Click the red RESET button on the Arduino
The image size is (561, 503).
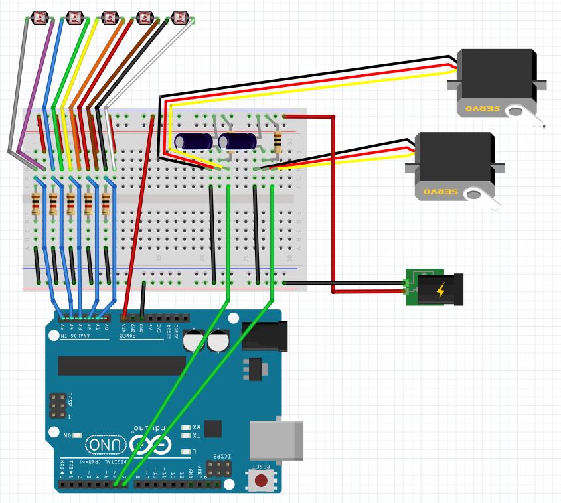[x=262, y=480]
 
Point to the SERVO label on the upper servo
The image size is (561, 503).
[x=481, y=107]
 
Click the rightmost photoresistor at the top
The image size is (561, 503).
[x=179, y=17]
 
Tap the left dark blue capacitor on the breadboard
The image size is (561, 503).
[x=193, y=141]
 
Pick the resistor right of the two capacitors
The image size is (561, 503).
[x=277, y=141]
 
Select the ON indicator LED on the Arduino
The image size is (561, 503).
[x=78, y=435]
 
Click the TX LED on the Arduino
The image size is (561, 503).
[x=186, y=435]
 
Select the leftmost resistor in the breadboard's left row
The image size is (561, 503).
[x=36, y=203]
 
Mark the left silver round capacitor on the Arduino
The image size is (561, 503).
[x=194, y=341]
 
